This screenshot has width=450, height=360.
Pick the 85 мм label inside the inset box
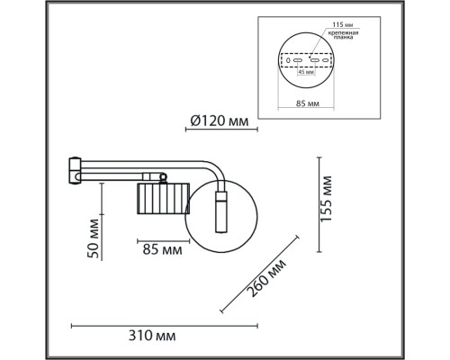point(307,103)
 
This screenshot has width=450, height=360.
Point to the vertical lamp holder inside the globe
point(221,209)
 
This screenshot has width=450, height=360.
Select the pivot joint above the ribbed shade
point(157,176)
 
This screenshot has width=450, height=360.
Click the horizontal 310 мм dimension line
point(164,323)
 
